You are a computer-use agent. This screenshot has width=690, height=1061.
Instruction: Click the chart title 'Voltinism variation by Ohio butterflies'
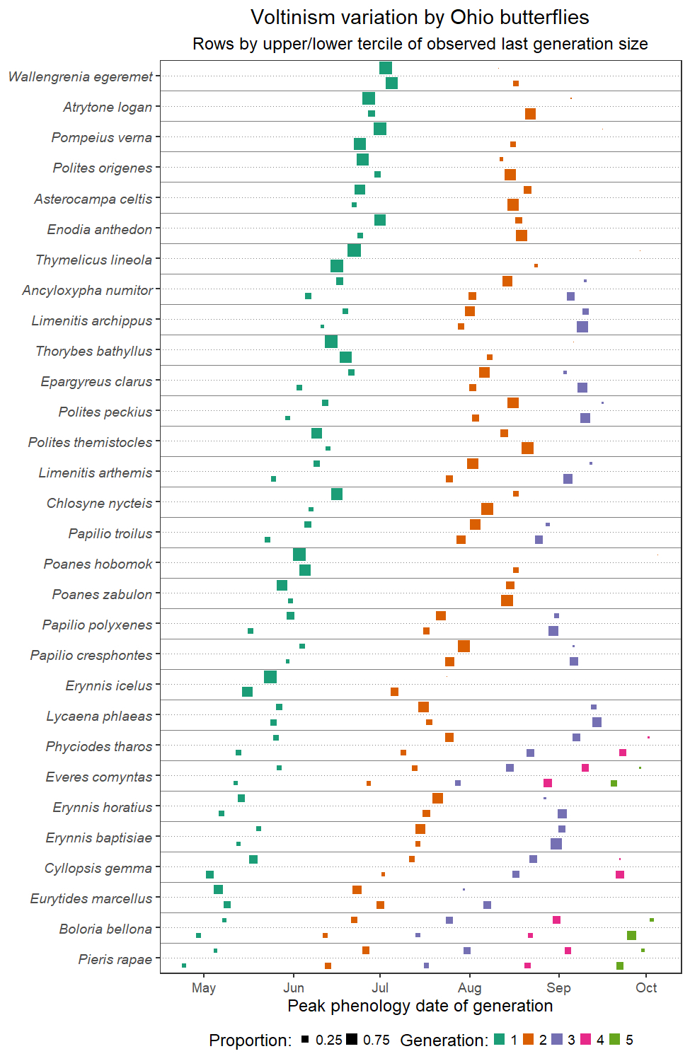(420, 17)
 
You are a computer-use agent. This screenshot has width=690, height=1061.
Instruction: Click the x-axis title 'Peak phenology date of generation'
(420, 1006)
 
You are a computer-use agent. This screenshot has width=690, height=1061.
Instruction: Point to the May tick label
(204, 988)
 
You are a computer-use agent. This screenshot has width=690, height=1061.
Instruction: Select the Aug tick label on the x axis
(470, 988)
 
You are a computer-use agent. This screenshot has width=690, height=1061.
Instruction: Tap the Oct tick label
(646, 988)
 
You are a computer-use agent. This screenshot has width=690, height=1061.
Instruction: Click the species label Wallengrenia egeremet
(81, 76)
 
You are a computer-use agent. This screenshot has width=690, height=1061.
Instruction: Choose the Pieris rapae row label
(115, 959)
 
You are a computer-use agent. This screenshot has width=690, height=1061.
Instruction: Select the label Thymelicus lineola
(93, 260)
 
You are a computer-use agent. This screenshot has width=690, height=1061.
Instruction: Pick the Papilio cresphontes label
(91, 655)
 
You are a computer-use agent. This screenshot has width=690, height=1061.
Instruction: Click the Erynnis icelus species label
(108, 685)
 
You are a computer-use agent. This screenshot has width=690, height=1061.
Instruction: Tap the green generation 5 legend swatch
(614, 1040)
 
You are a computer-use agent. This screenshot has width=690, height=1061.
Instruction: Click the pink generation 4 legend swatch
(585, 1040)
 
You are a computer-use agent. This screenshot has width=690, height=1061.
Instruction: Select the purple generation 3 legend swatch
(557, 1040)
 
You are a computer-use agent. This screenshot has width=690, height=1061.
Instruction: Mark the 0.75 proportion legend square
(352, 1040)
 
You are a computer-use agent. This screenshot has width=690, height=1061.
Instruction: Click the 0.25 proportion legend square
(304, 1040)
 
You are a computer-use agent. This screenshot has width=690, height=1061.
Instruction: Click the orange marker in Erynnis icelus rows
(394, 692)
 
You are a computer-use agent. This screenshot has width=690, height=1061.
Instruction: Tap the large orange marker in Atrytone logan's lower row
(530, 114)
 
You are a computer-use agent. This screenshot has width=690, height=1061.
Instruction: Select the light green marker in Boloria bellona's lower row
(631, 935)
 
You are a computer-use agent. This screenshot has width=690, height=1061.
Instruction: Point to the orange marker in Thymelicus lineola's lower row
(536, 266)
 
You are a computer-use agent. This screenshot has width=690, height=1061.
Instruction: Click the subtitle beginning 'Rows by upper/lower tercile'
(420, 44)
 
